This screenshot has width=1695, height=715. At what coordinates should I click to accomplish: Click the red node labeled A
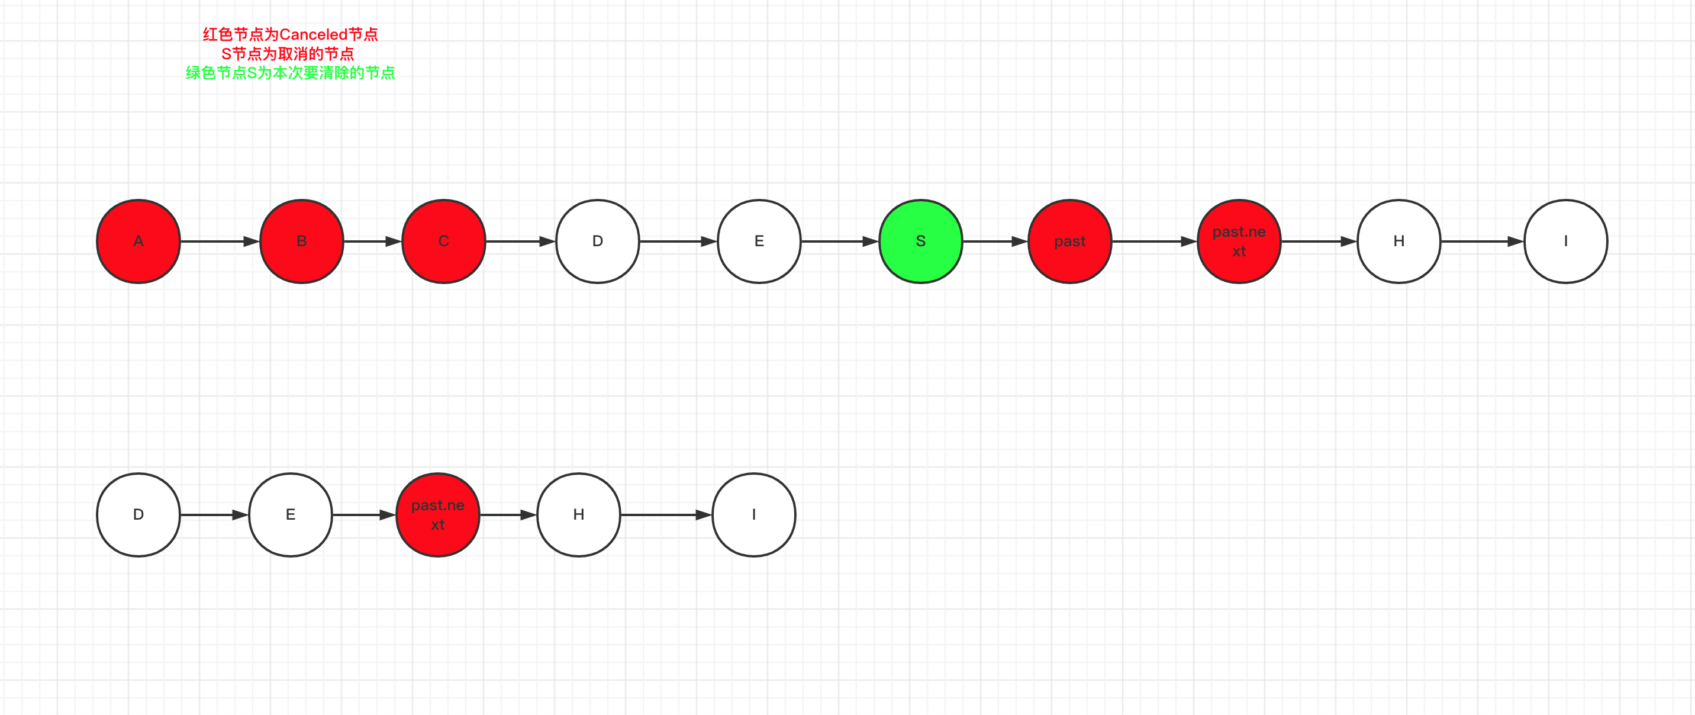pyautogui.click(x=138, y=241)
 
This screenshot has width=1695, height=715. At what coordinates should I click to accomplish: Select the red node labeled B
pyautogui.click(x=301, y=241)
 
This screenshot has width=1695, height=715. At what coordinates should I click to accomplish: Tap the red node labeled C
pyautogui.click(x=443, y=241)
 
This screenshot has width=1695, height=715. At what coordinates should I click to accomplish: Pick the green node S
pyautogui.click(x=920, y=241)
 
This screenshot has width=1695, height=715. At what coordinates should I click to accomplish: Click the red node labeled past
pyautogui.click(x=1069, y=241)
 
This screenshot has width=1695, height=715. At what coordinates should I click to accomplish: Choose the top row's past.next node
pyautogui.click(x=1238, y=241)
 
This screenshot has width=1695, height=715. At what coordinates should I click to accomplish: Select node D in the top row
pyautogui.click(x=598, y=241)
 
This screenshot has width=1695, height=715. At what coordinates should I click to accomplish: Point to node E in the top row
pyautogui.click(x=759, y=241)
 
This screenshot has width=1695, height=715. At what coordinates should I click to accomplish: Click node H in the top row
pyautogui.click(x=1398, y=241)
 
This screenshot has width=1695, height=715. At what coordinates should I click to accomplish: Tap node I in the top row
pyautogui.click(x=1565, y=241)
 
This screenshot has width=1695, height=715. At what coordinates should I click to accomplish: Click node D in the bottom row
pyautogui.click(x=138, y=514)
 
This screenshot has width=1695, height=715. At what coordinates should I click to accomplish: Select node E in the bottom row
pyautogui.click(x=290, y=514)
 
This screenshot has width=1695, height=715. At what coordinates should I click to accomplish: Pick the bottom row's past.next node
pyautogui.click(x=437, y=514)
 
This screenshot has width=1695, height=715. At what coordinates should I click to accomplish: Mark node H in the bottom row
pyautogui.click(x=578, y=514)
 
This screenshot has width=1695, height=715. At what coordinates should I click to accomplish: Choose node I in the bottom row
pyautogui.click(x=753, y=514)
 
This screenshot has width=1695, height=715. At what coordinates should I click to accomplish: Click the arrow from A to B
pyautogui.click(x=220, y=241)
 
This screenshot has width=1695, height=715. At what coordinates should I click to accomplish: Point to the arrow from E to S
pyautogui.click(x=840, y=241)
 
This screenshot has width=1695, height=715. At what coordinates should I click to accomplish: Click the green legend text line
pyautogui.click(x=290, y=73)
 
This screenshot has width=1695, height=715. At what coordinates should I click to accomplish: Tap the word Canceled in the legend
pyautogui.click(x=313, y=34)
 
